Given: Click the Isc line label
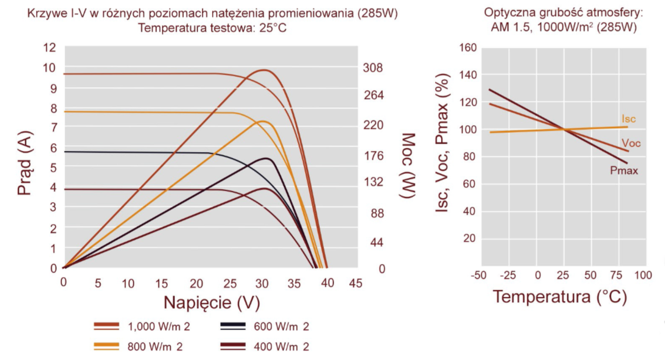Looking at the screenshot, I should [x=628, y=119].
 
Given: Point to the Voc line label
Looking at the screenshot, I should [x=631, y=143].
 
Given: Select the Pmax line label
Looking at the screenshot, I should [x=624, y=171].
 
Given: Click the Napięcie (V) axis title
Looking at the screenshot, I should [x=211, y=303].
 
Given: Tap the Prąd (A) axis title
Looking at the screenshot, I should [x=25, y=163].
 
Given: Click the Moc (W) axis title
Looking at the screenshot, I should [x=408, y=166].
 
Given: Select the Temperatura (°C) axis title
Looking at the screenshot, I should [x=559, y=297].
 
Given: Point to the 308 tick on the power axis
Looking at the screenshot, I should [x=373, y=68].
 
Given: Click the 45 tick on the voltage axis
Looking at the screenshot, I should [x=355, y=283].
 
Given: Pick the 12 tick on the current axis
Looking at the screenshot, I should [x=50, y=47].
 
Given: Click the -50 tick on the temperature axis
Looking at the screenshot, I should [x=478, y=275].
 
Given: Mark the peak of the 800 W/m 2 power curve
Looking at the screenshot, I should [x=262, y=121].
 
